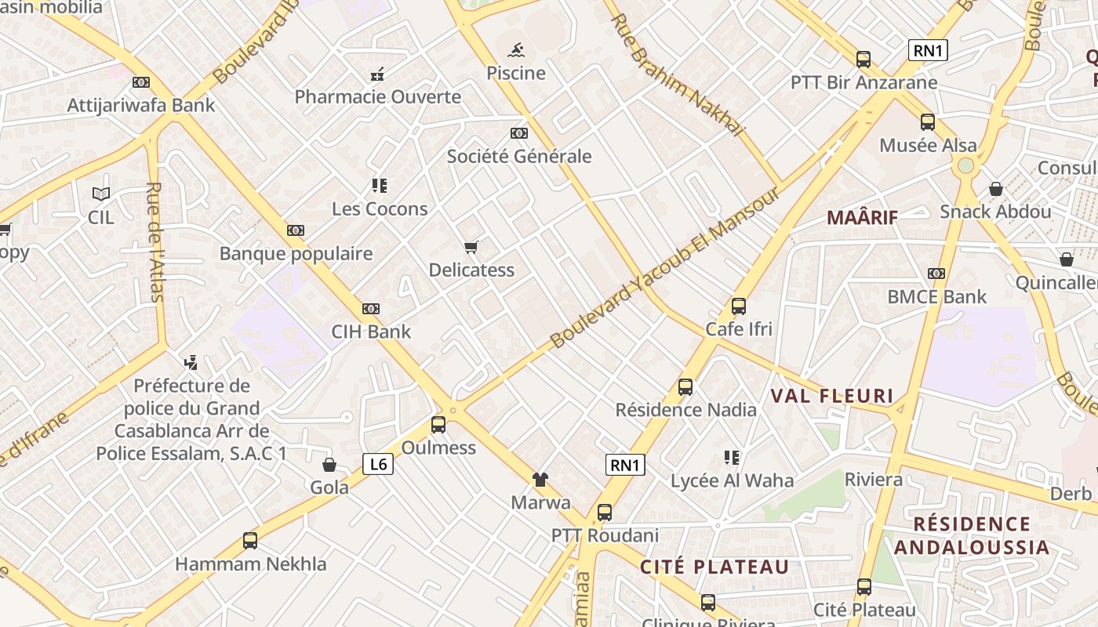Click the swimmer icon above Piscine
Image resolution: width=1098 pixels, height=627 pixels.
[516, 51]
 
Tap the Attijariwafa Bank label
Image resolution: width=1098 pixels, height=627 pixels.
[141, 105]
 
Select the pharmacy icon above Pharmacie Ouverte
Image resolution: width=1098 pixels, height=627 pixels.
[377, 75]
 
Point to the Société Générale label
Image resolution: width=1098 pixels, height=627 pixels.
[519, 156]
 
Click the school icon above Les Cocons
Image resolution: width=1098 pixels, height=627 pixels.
[380, 187]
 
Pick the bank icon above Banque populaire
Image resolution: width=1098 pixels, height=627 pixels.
[296, 230]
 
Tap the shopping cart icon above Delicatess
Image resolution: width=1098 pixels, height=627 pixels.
[471, 248]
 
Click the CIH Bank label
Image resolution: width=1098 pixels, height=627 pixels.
[371, 332]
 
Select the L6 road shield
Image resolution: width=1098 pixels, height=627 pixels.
[378, 464]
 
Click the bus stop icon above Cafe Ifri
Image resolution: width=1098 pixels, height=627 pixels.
[739, 306]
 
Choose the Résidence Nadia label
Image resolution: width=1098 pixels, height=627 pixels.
[686, 410]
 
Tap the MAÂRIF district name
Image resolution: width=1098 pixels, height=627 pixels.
[863, 218]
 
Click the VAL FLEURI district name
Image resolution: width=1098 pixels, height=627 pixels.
[832, 396]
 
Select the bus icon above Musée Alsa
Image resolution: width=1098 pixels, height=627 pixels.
[928, 122]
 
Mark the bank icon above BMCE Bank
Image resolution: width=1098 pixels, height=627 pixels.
[936, 274]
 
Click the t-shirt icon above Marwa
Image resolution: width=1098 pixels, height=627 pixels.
[540, 480]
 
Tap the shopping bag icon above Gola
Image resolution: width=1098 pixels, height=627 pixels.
[329, 465]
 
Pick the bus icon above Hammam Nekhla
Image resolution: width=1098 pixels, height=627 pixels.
[250, 541]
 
